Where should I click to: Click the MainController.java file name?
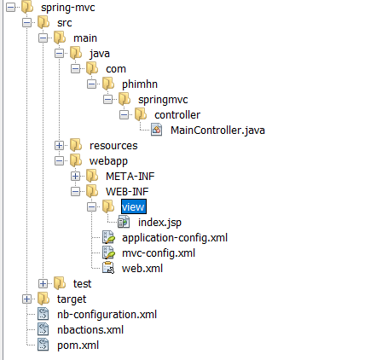217,131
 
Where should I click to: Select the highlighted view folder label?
134,206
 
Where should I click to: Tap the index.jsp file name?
159,223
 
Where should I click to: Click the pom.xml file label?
78,345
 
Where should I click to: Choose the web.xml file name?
142,269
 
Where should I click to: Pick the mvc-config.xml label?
159,253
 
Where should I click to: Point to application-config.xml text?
175,238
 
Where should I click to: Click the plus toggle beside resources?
59,146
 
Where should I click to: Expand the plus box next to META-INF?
75,177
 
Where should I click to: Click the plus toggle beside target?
26,299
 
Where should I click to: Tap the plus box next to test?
43,284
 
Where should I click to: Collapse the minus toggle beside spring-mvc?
10,8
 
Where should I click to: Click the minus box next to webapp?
59,161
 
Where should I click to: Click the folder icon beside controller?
141,114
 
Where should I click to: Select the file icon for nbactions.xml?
43,330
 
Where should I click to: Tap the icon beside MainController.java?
157,130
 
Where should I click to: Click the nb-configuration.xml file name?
107,315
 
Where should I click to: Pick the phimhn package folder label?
140,84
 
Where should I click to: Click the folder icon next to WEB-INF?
92,191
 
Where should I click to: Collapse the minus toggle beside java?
59,54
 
